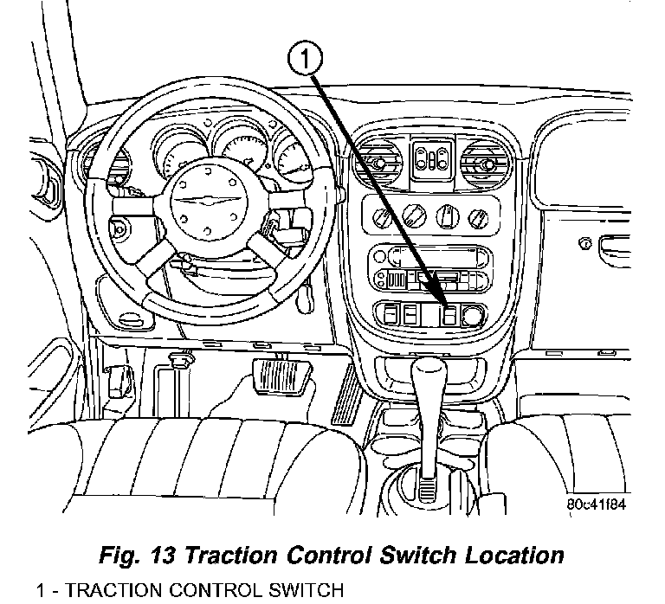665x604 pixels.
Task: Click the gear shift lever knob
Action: click(428, 382)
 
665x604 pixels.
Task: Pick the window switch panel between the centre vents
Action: click(429, 159)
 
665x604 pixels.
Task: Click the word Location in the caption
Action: click(507, 555)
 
